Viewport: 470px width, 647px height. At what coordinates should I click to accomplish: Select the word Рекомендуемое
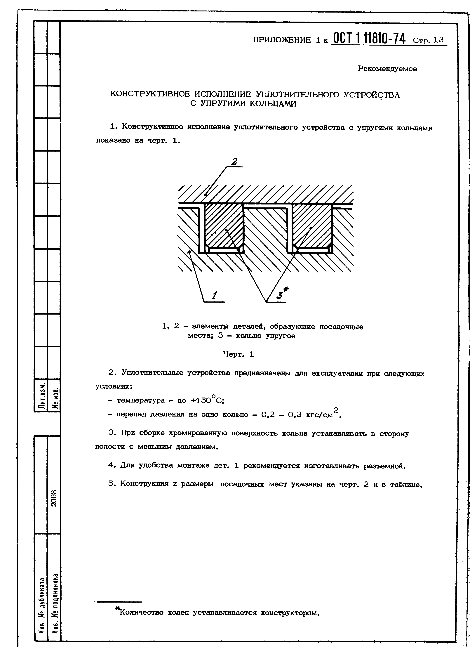tap(387, 69)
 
